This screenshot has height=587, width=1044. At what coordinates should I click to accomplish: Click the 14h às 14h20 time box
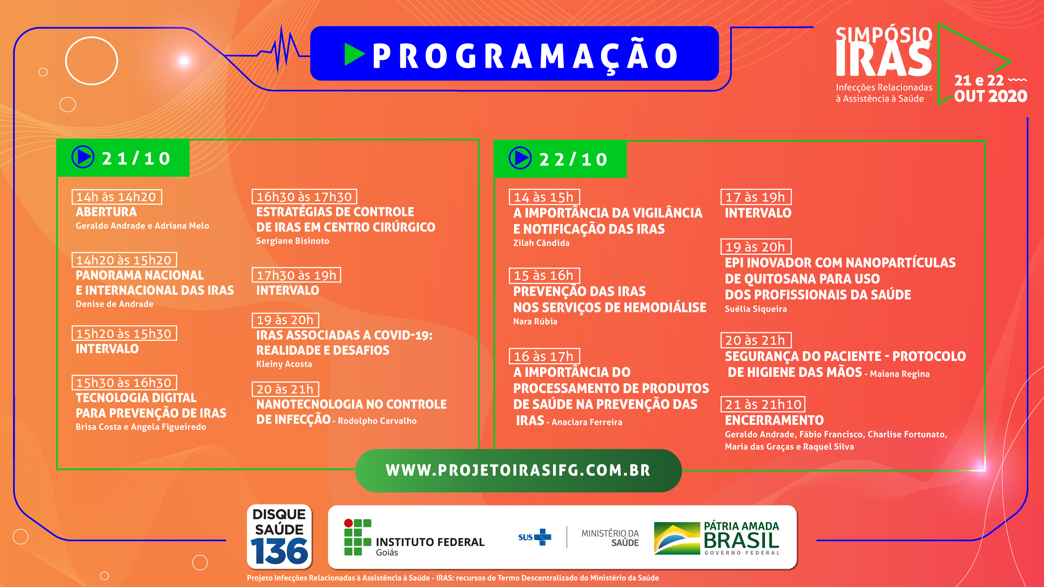coord(117,197)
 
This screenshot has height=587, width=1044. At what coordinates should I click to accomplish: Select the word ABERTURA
coord(106,212)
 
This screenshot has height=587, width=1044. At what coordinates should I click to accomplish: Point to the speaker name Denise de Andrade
coord(115,304)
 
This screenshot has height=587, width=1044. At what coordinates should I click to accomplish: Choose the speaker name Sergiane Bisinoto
coord(293,241)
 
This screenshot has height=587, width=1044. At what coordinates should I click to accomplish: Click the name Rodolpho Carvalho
coord(377,421)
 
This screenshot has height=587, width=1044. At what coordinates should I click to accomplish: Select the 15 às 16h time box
coord(544,275)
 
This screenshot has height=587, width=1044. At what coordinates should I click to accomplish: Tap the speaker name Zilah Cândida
coord(541,243)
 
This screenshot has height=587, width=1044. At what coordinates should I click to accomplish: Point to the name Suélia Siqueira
coord(756,309)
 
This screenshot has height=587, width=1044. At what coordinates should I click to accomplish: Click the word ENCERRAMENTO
coord(774,420)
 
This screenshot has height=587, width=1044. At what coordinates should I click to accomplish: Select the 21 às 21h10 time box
coord(763,404)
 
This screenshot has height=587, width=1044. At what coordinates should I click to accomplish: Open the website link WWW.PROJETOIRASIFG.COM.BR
coord(518,470)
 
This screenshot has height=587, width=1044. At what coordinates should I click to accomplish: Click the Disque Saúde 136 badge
coord(279,536)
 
